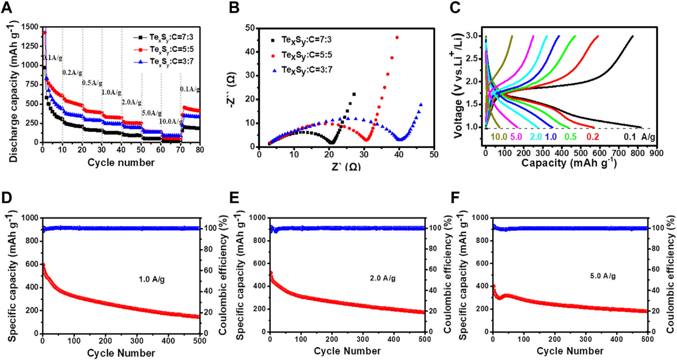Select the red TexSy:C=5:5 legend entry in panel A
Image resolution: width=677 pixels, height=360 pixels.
161,48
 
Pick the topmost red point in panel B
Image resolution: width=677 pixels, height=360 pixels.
396,37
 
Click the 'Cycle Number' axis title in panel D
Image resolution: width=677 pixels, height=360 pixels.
121,352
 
